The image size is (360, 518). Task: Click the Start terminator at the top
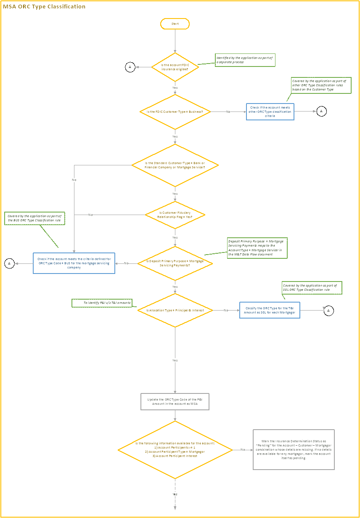(175, 24)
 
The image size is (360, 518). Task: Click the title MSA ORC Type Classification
(44, 7)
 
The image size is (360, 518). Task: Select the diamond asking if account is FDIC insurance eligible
(175, 67)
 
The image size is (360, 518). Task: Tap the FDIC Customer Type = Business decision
(175, 112)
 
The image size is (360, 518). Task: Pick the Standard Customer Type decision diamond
(175, 165)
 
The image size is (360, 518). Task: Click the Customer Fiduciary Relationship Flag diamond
(175, 215)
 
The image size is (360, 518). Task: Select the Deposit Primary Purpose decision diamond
(175, 263)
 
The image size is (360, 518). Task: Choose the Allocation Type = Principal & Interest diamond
(175, 311)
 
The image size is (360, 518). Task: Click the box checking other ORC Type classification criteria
(270, 112)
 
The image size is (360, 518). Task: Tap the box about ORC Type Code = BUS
(74, 263)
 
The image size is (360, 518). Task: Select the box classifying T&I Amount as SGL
(270, 310)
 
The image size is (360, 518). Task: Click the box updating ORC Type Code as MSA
(175, 401)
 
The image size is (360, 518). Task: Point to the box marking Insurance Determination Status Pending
(294, 449)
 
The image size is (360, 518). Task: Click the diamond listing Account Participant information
(175, 450)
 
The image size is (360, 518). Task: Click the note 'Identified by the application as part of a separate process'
(245, 60)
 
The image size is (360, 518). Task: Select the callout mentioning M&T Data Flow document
(257, 247)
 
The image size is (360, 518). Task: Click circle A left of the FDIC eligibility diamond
(130, 67)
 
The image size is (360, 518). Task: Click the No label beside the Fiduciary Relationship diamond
(90, 215)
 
